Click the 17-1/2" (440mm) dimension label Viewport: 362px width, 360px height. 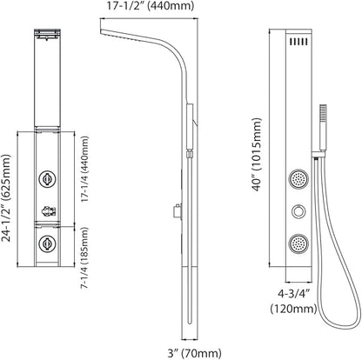150,6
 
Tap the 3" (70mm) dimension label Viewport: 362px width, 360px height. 194,353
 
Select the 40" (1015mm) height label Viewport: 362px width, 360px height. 257,155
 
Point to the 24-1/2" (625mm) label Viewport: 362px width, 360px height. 6,198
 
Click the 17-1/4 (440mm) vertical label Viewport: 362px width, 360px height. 84,169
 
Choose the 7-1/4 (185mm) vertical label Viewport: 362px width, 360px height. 84,257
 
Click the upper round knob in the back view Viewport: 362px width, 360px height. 47,179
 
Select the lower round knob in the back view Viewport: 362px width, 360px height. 47,243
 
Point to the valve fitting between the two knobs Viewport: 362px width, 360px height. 49,211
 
